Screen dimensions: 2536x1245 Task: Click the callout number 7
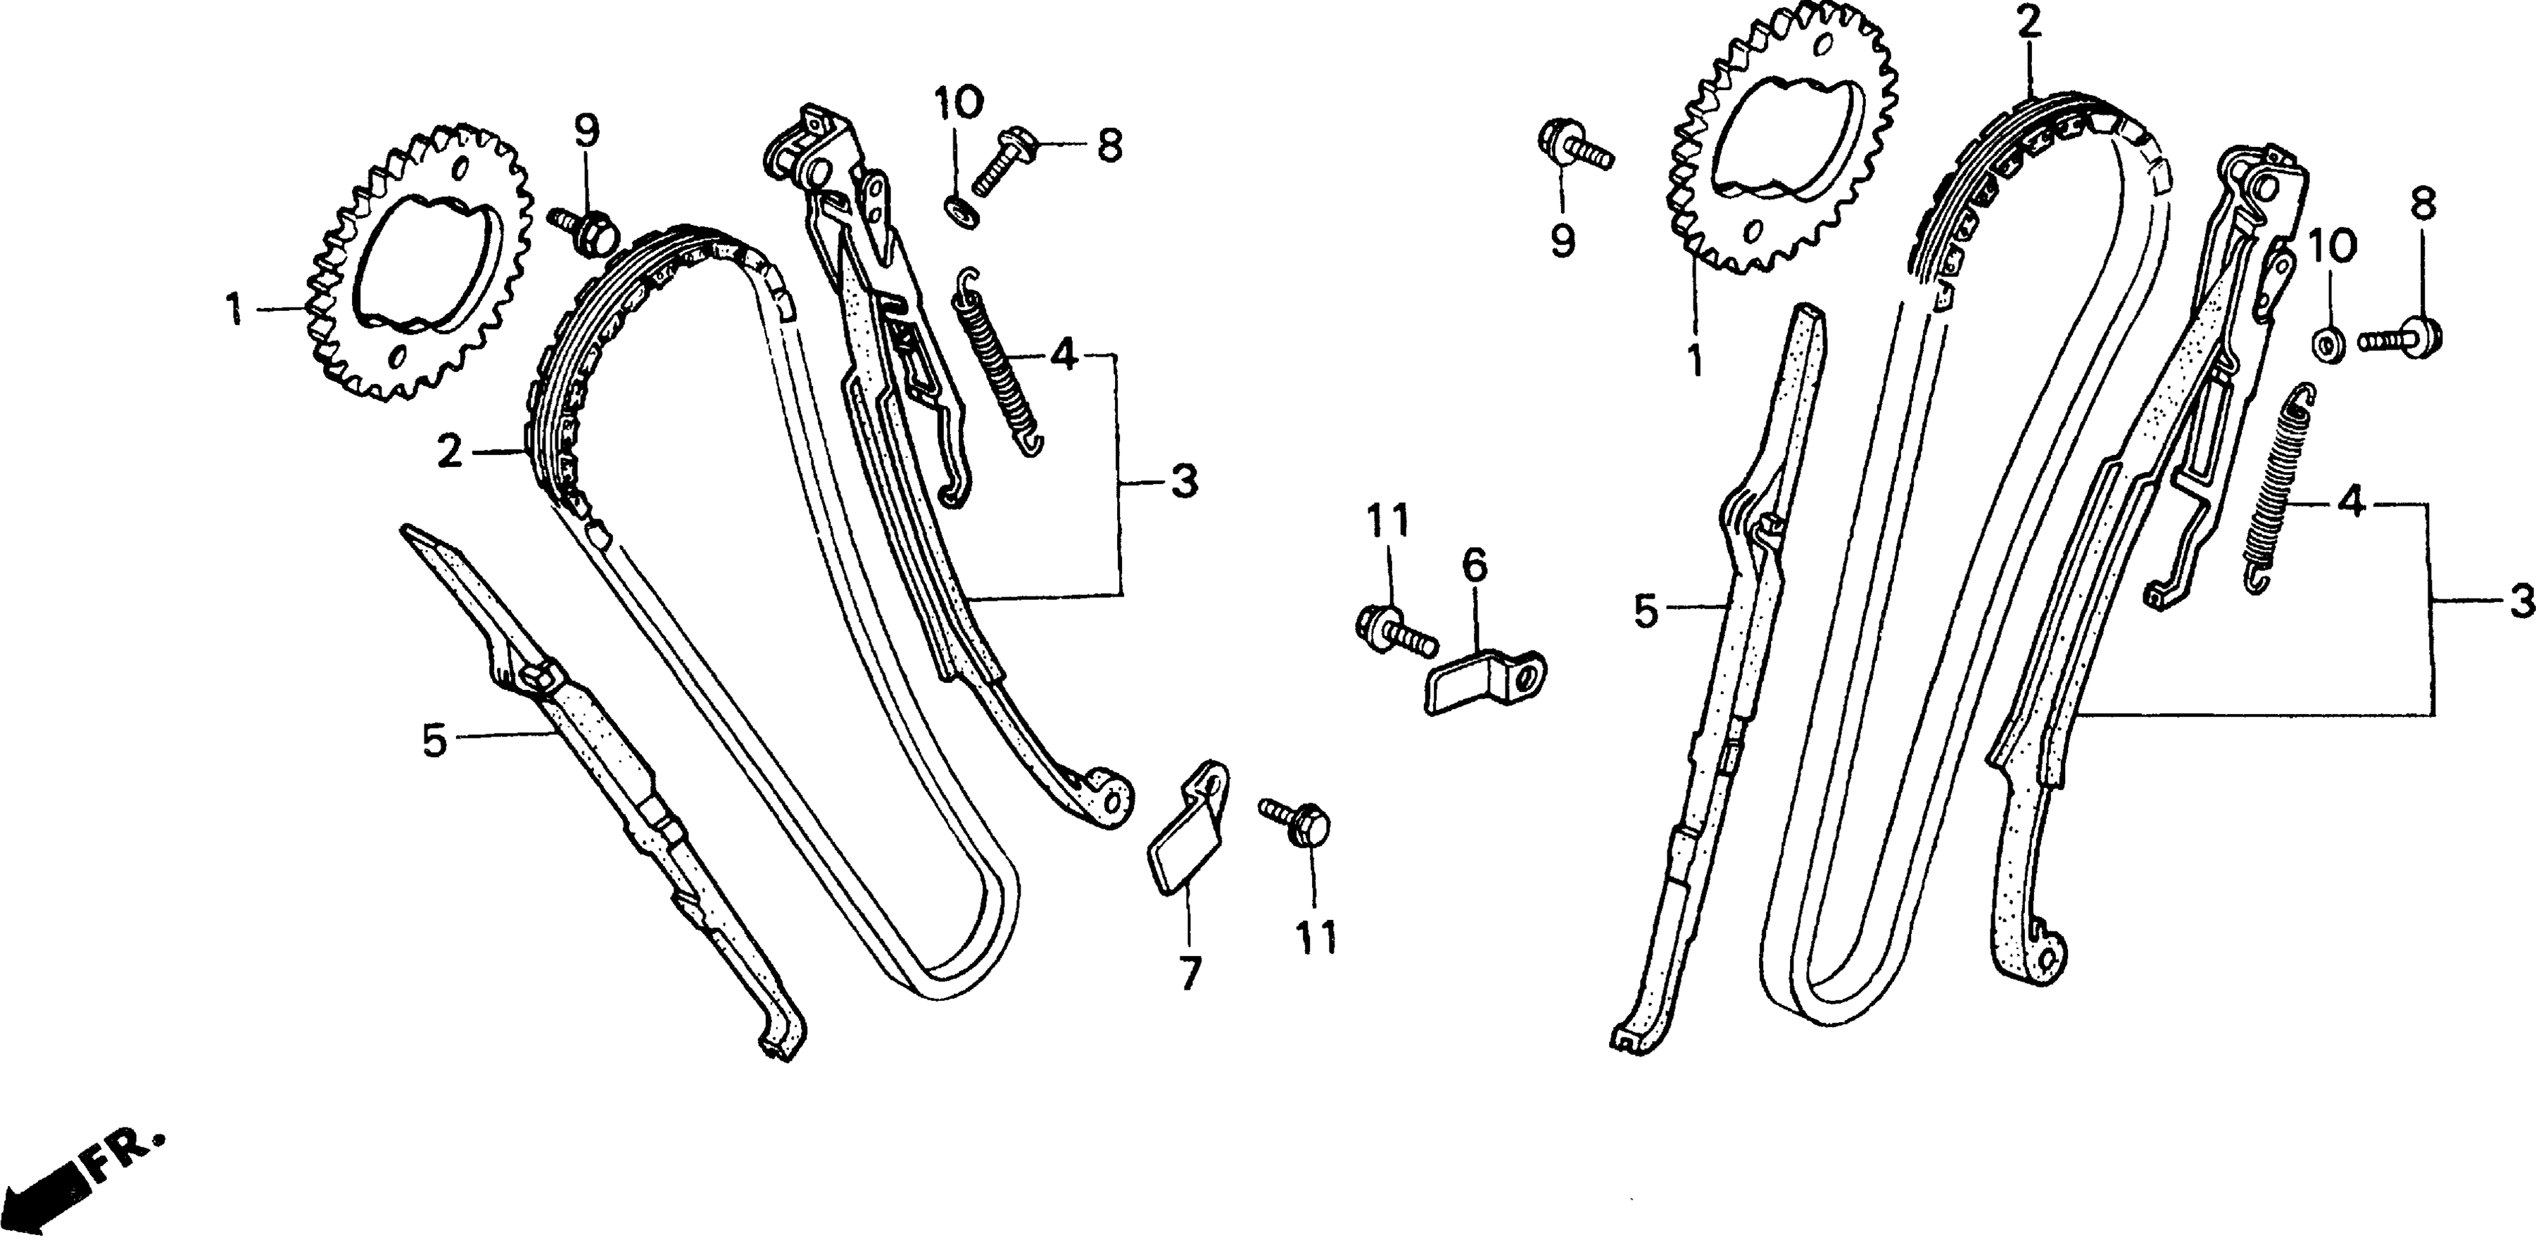(1190, 973)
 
